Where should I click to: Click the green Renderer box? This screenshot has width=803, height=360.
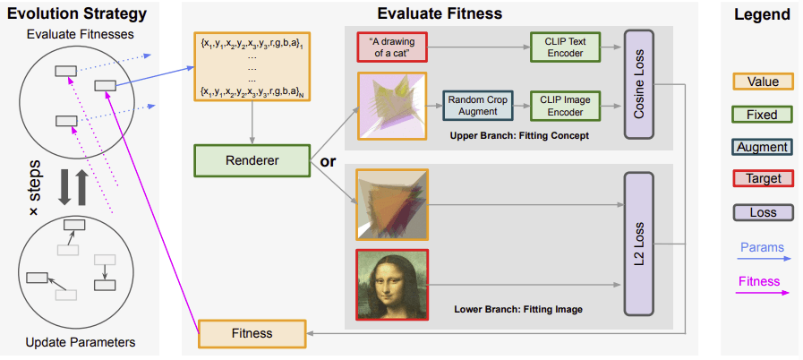click(x=252, y=162)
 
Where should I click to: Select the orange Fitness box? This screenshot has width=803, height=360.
click(x=252, y=333)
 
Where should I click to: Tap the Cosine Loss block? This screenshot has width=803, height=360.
click(x=639, y=83)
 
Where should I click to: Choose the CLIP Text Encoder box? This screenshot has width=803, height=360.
click(x=564, y=47)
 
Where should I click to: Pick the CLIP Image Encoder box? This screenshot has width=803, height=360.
click(x=564, y=106)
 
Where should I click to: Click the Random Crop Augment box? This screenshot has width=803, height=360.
click(x=479, y=106)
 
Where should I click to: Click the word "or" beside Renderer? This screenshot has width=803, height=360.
click(x=327, y=162)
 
